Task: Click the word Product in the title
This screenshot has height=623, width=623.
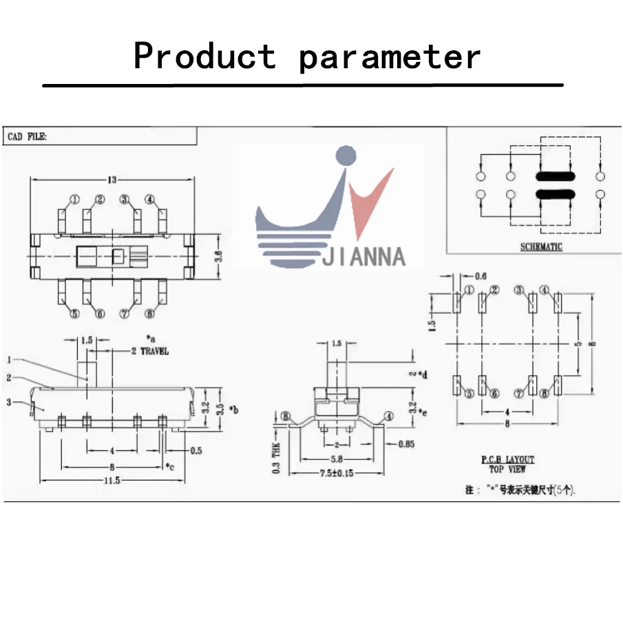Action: pyautogui.click(x=204, y=56)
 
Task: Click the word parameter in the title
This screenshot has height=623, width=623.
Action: pyautogui.click(x=390, y=57)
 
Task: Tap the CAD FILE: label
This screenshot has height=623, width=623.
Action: pyautogui.click(x=28, y=138)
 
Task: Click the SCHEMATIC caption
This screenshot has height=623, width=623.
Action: pyautogui.click(x=540, y=247)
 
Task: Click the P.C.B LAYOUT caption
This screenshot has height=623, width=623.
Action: pyautogui.click(x=507, y=459)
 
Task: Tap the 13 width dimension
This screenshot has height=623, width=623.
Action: pyautogui.click(x=112, y=180)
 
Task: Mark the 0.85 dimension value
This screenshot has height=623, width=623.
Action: pyautogui.click(x=407, y=444)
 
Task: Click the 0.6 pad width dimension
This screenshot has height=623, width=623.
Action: pyautogui.click(x=480, y=276)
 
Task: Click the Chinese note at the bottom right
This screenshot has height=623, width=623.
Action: pyautogui.click(x=520, y=490)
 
